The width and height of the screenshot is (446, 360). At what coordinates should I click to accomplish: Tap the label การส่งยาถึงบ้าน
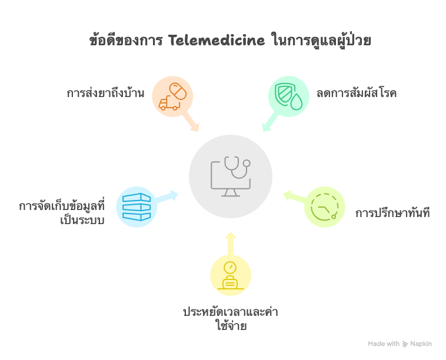pyautogui.click(x=105, y=93)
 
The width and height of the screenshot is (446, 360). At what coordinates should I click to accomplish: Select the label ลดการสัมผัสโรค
pyautogui.click(x=356, y=93)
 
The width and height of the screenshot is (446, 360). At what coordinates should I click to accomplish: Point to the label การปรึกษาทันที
pyautogui.click(x=392, y=213)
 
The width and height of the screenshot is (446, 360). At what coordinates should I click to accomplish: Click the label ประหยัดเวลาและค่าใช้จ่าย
pyautogui.click(x=230, y=318)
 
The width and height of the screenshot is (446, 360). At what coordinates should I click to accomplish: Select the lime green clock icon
pyautogui.click(x=325, y=207)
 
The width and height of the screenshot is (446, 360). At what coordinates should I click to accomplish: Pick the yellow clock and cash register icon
pyautogui.click(x=230, y=275)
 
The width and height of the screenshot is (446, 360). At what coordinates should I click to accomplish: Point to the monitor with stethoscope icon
pyautogui.click(x=230, y=175)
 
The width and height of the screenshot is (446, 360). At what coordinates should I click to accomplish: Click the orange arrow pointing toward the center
pyautogui.click(x=192, y=122)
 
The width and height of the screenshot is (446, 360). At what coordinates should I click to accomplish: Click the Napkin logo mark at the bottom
pyautogui.click(x=405, y=344)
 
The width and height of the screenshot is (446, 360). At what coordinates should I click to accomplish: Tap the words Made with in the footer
pyautogui.click(x=384, y=344)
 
